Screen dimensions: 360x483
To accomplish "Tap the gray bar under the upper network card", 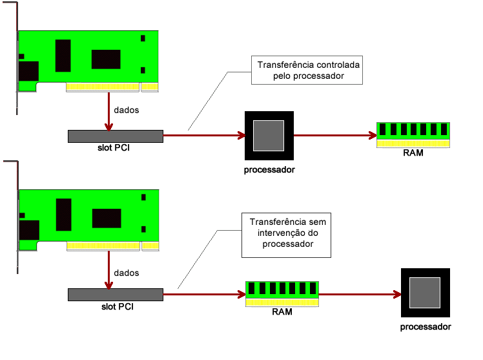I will tap(115, 136).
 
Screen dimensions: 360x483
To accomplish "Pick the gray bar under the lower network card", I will tap(115, 295).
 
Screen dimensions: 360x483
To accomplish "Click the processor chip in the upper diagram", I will tap(269, 136).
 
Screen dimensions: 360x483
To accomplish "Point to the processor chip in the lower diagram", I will tap(425, 293).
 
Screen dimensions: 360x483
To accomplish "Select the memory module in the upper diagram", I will tap(413, 134).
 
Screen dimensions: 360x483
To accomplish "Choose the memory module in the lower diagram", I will tap(282, 293).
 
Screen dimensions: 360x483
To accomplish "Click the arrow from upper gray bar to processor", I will tap(203, 135).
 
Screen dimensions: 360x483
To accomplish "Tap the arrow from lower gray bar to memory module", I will tap(203, 294).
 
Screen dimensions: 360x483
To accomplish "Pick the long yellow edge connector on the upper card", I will tap(103, 87).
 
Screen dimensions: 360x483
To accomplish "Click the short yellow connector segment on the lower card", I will tap(150, 246).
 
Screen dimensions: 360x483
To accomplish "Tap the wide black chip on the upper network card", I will tap(106, 59).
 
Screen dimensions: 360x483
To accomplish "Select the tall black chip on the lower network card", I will tap(63, 215).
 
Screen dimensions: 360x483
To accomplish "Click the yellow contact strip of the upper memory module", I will tap(413, 143).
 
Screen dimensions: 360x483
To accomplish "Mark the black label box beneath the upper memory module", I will tap(415, 154).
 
